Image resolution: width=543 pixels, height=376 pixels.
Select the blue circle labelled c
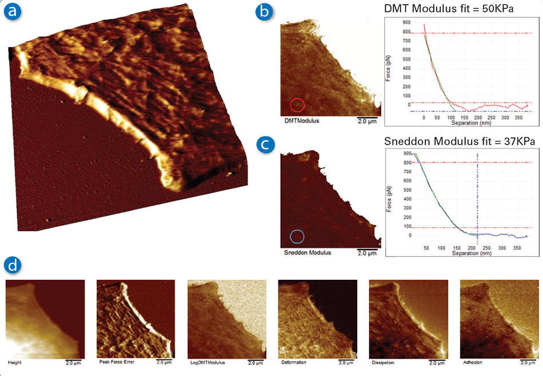point(264,145)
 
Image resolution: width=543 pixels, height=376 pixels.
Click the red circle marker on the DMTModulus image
point(297,105)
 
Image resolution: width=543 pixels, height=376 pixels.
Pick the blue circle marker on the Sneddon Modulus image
point(297,236)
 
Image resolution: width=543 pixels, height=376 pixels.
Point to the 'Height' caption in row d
point(15,363)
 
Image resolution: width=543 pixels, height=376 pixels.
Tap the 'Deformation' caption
point(294,363)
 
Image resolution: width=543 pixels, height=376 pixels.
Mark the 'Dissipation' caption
point(384,363)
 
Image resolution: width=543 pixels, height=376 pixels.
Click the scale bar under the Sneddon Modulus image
point(368,250)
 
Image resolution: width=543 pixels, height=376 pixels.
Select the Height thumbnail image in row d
point(45,318)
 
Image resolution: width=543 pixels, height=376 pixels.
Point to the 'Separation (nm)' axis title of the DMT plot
point(472,122)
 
